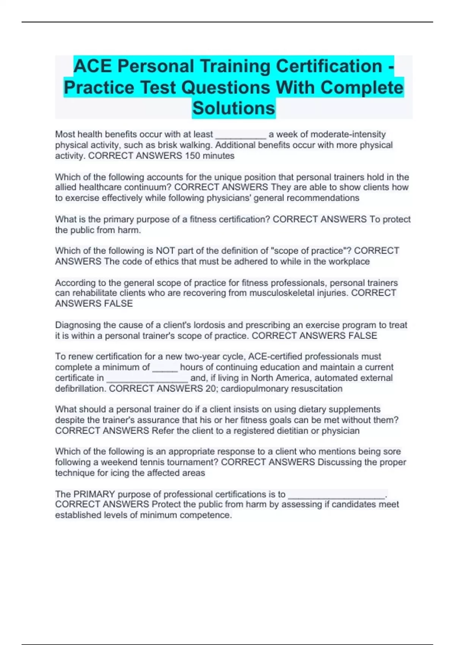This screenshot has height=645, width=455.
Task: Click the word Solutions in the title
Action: [234, 108]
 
